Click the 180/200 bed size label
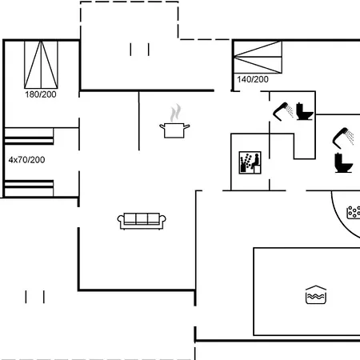(x=41, y=94)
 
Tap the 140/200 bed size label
(x=253, y=79)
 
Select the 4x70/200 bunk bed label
(x=26, y=160)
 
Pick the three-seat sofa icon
(x=142, y=221)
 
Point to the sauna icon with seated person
(x=250, y=162)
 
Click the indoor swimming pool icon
(x=316, y=294)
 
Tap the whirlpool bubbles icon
(x=354, y=213)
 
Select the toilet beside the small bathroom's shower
(x=305, y=111)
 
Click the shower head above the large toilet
(x=343, y=138)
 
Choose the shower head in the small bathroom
(x=283, y=111)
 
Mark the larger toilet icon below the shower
(x=344, y=163)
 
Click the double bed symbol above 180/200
(x=41, y=65)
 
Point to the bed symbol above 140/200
(x=258, y=57)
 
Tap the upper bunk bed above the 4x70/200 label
(x=29, y=136)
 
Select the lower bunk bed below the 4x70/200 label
(x=29, y=188)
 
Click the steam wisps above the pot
(x=175, y=113)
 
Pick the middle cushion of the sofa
(x=142, y=218)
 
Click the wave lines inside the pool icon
(x=316, y=296)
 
